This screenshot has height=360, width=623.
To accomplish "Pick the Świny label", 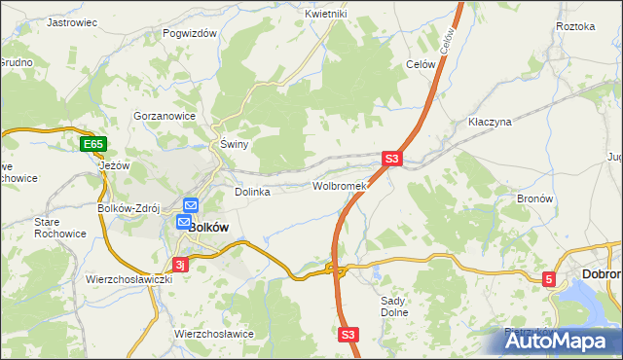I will pos(235,145).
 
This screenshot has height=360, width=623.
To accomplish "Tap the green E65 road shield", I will pos(93,145).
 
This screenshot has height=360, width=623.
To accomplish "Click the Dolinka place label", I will pos(252,192).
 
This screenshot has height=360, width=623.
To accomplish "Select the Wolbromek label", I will pos(339,186).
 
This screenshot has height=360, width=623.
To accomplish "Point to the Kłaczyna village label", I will pos(490,124).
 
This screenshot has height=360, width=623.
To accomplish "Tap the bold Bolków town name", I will pos(207,226).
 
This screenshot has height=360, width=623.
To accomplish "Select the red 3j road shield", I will pos(179,264).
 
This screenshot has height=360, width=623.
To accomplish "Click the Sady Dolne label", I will pos(392,306).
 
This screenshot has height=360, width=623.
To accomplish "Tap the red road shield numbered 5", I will pos(549,280).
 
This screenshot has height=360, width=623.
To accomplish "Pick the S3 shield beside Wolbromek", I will pos(391,159).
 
